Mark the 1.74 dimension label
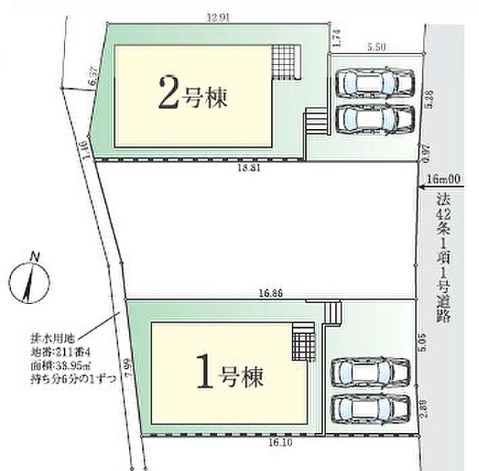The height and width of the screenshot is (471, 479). point(335,36)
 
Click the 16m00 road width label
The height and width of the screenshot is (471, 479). point(446,179)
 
